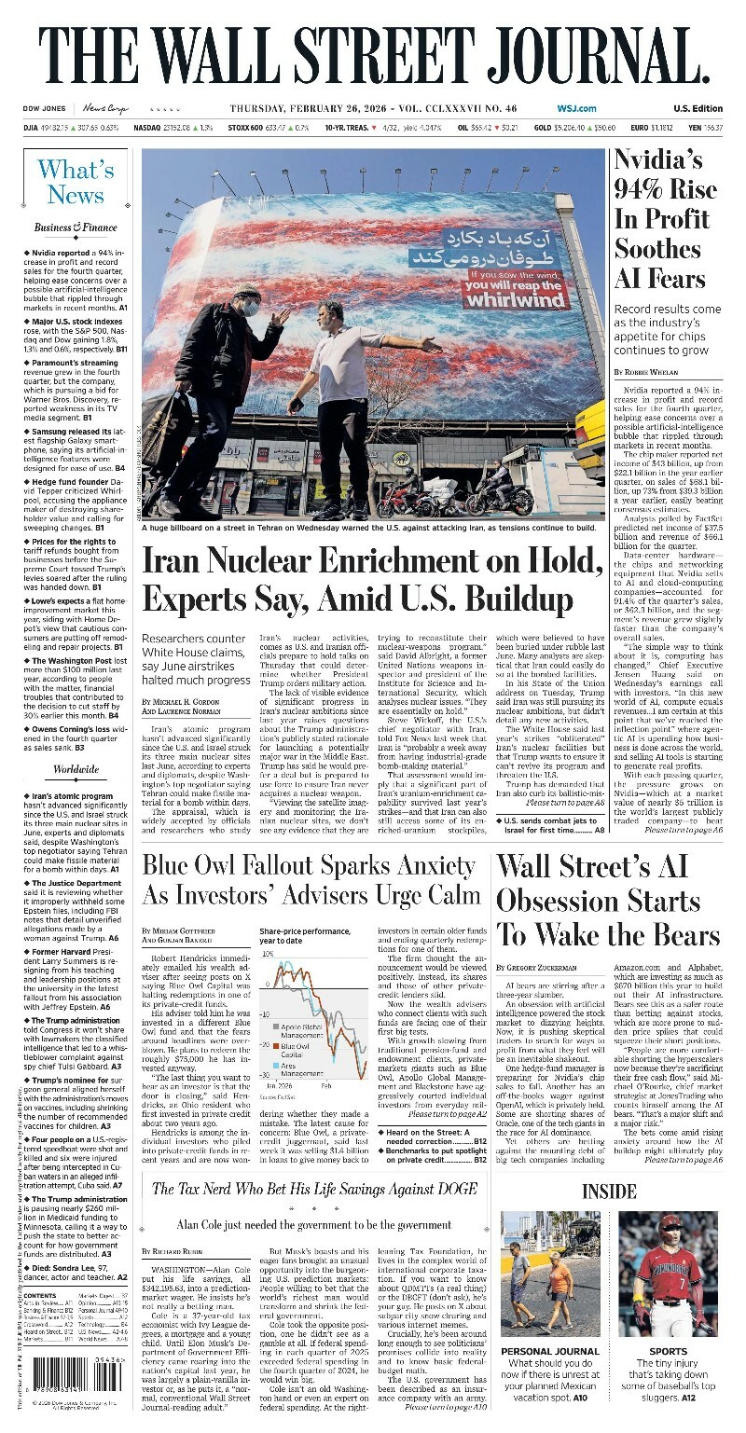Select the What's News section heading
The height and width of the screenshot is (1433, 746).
(x=76, y=182)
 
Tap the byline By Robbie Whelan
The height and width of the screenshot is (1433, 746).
(x=643, y=373)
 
